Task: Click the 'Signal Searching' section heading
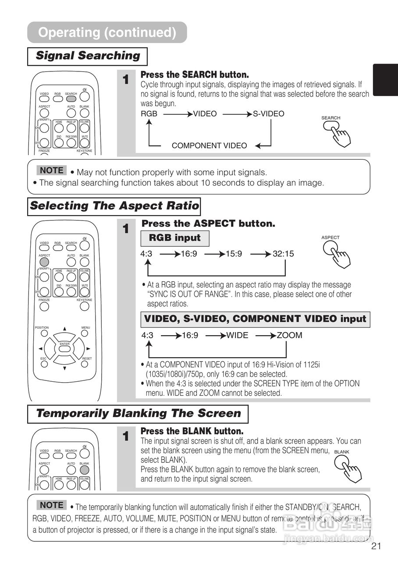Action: tap(87, 56)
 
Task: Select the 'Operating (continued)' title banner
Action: tap(107, 32)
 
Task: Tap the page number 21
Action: tap(376, 546)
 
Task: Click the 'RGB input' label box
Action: tap(174, 238)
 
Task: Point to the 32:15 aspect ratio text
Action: tap(283, 254)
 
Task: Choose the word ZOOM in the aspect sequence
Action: tap(289, 335)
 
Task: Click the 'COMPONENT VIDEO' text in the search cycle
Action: tap(209, 146)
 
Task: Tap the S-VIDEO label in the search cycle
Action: tap(268, 114)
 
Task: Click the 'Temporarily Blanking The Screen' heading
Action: tap(138, 414)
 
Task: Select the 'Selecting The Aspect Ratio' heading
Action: tap(114, 206)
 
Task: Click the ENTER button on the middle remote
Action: tap(64, 348)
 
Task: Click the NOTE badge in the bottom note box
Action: tap(51, 505)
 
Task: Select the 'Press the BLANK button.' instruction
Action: tap(192, 431)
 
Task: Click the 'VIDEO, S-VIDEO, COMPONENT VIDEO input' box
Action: tap(255, 319)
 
